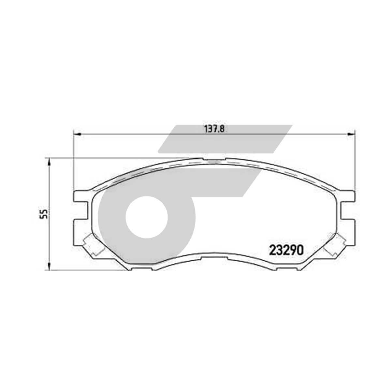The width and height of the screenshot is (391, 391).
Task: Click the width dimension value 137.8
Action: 214,129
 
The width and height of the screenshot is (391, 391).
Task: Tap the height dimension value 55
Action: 44,214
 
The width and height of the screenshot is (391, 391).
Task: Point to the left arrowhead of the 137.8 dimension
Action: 77,134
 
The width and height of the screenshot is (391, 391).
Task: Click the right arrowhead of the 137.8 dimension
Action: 351,134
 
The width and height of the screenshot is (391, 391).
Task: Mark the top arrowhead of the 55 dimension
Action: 49,163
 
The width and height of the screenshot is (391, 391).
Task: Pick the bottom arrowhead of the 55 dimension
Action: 49,266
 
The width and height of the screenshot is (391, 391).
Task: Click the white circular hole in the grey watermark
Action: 147,217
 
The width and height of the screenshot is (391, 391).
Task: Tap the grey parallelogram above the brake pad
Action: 225,139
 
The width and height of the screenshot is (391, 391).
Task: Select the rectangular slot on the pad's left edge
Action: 81,210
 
